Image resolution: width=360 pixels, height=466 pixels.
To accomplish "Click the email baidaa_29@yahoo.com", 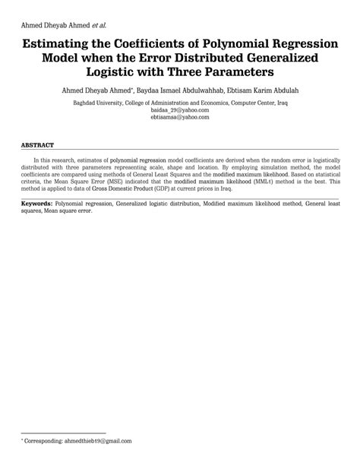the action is pos(180,110).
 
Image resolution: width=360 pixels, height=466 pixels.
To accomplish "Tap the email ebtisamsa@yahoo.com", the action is pos(180,118).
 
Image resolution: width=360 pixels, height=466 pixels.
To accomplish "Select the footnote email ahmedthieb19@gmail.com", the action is pos(99,440).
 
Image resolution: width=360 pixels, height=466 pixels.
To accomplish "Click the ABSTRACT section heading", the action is pos(37,144).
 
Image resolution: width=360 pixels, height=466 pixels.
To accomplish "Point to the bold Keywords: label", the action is pos(36,204).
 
